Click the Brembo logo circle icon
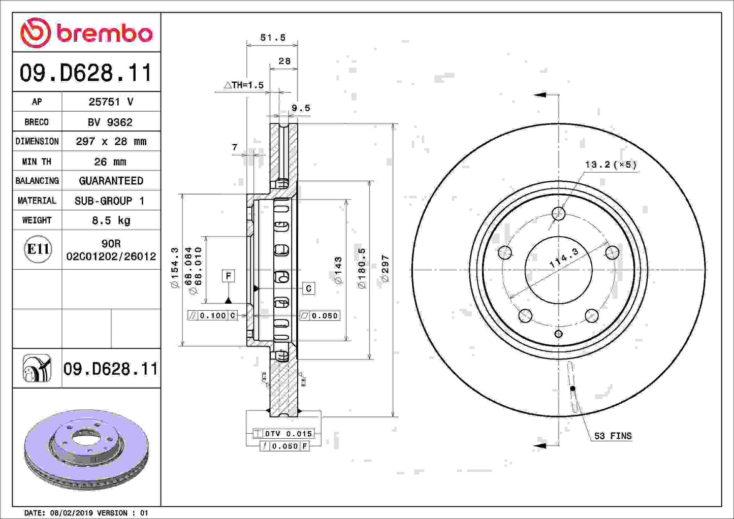[x=35, y=33]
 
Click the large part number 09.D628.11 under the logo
[x=86, y=73]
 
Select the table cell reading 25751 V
[x=111, y=102]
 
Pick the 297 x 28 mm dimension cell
[x=111, y=141]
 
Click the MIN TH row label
[x=37, y=161]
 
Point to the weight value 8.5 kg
[x=111, y=220]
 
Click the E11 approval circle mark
[x=38, y=249]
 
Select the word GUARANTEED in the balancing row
[x=111, y=181]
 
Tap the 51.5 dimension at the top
[x=273, y=38]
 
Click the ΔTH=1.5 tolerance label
[x=244, y=85]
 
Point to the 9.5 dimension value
[x=301, y=108]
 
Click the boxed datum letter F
[x=229, y=276]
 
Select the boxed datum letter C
[x=308, y=288]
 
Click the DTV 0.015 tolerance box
[x=283, y=434]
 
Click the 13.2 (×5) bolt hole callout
[x=610, y=165]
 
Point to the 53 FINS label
[x=613, y=436]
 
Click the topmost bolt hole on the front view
[x=558, y=213]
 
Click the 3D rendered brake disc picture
[x=86, y=449]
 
